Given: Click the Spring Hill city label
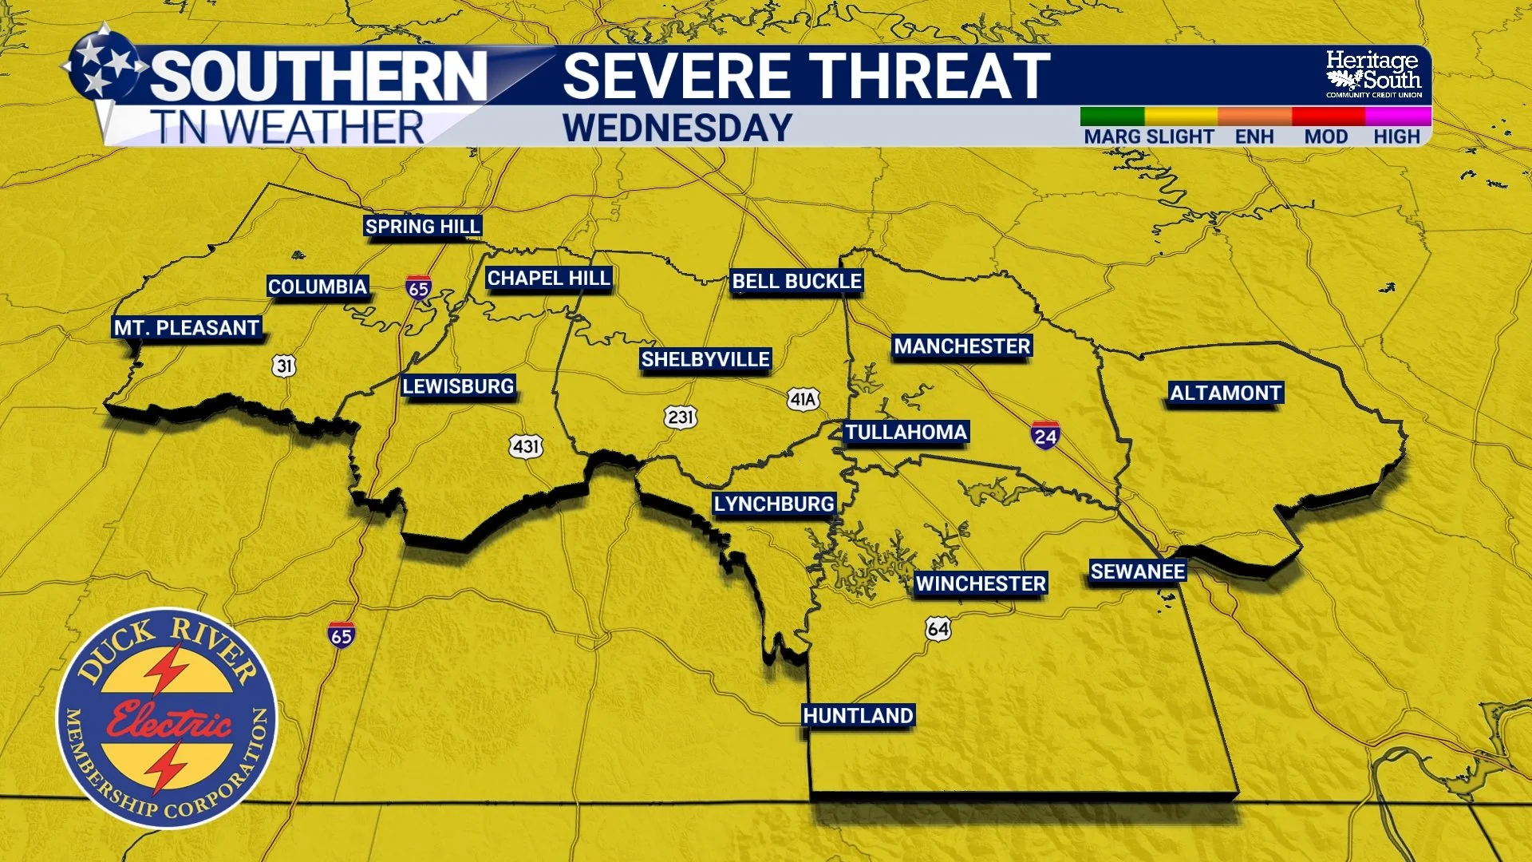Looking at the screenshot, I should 422,227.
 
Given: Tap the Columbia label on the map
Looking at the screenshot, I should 317,287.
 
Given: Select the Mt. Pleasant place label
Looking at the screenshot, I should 187,328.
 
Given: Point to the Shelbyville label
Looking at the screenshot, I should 705,359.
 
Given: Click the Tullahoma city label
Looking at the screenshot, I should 906,432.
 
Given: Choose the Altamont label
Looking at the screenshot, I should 1226,393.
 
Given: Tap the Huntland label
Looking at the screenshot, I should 858,715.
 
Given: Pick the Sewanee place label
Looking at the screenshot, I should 1138,571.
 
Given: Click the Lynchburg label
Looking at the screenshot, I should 774,504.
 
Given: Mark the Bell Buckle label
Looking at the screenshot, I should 796,281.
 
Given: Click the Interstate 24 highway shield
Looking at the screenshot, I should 1044,435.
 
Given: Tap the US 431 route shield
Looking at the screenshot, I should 526,446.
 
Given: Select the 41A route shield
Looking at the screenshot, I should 803,399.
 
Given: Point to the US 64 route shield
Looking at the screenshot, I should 938,629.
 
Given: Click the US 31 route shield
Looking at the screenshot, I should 284,366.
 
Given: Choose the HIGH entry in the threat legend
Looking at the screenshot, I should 1396,136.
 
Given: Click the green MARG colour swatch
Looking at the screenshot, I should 1111,117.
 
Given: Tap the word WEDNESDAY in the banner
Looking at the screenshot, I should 677,128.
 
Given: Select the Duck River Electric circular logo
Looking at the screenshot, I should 167,718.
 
